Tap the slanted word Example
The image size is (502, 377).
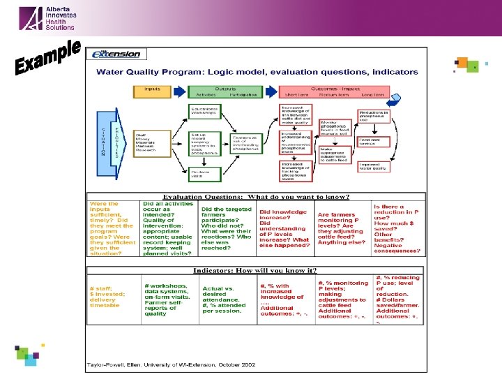[48, 59]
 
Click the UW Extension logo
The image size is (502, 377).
[117, 54]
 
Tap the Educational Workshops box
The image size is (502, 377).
[204, 111]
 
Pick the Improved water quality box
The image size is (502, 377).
[373, 165]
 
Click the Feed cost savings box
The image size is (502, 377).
[373, 140]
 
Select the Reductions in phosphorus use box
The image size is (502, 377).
[373, 115]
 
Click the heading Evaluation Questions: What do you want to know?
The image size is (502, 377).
[256, 197]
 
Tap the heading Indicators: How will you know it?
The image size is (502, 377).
[256, 270]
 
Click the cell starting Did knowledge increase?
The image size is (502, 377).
[284, 227]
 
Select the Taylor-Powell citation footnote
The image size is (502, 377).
[165, 364]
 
